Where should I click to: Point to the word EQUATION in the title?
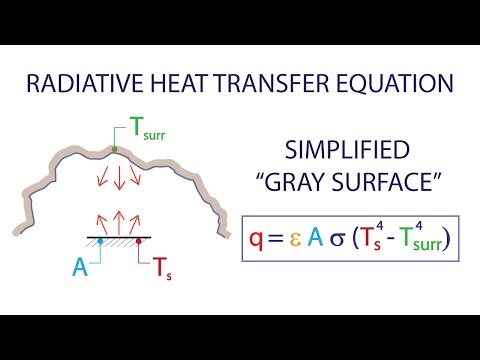coord(383,83)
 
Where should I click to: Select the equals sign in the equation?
coord(281,239)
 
